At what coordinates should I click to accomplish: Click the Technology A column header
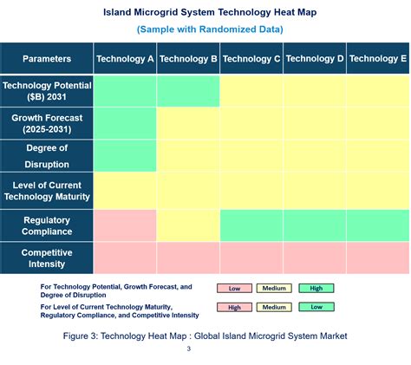pos(125,59)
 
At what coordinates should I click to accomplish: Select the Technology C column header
pos(251,59)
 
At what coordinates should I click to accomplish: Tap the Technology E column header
pos(378,59)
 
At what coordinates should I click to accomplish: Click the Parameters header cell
pos(47,59)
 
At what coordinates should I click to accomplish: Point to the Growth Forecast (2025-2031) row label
pos(47,123)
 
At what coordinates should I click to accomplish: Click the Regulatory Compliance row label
pos(47,225)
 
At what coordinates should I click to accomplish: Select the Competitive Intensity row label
pos(47,257)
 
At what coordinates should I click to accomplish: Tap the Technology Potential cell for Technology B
pos(188,91)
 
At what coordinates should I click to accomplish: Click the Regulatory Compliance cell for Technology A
pos(125,225)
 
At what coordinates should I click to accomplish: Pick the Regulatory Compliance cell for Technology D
pos(315,225)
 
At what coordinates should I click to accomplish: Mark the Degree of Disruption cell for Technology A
pos(125,155)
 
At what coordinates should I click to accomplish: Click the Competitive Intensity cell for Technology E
pos(378,257)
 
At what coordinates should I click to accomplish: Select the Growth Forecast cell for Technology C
pos(251,123)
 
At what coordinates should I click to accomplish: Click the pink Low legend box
pos(234,288)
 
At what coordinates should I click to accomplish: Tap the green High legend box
pos(316,288)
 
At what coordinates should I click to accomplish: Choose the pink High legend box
pos(234,306)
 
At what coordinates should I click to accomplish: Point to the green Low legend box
pos(316,306)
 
